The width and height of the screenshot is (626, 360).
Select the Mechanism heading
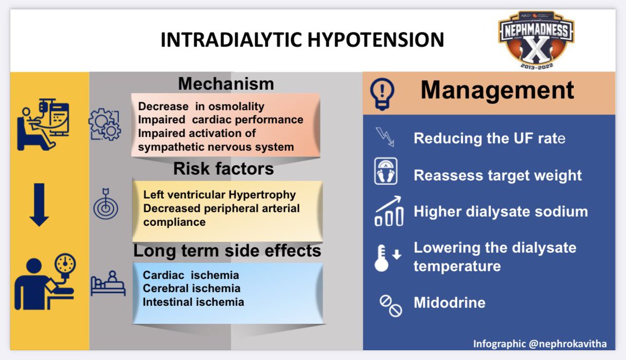pos(226,83)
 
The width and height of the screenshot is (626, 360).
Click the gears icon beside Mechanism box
pos(105,124)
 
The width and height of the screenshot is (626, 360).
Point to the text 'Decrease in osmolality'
pos(201,106)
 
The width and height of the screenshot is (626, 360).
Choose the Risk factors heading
pos(223,169)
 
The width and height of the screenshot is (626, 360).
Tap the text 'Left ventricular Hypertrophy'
pos(219,195)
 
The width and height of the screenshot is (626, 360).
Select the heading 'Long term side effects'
pos(227,251)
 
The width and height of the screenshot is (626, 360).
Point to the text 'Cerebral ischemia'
pos(191,289)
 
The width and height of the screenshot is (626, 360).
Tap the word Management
pos(497,90)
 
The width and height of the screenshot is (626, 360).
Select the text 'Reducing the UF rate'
pos(489,139)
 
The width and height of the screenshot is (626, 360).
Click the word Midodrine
pos(449,303)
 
